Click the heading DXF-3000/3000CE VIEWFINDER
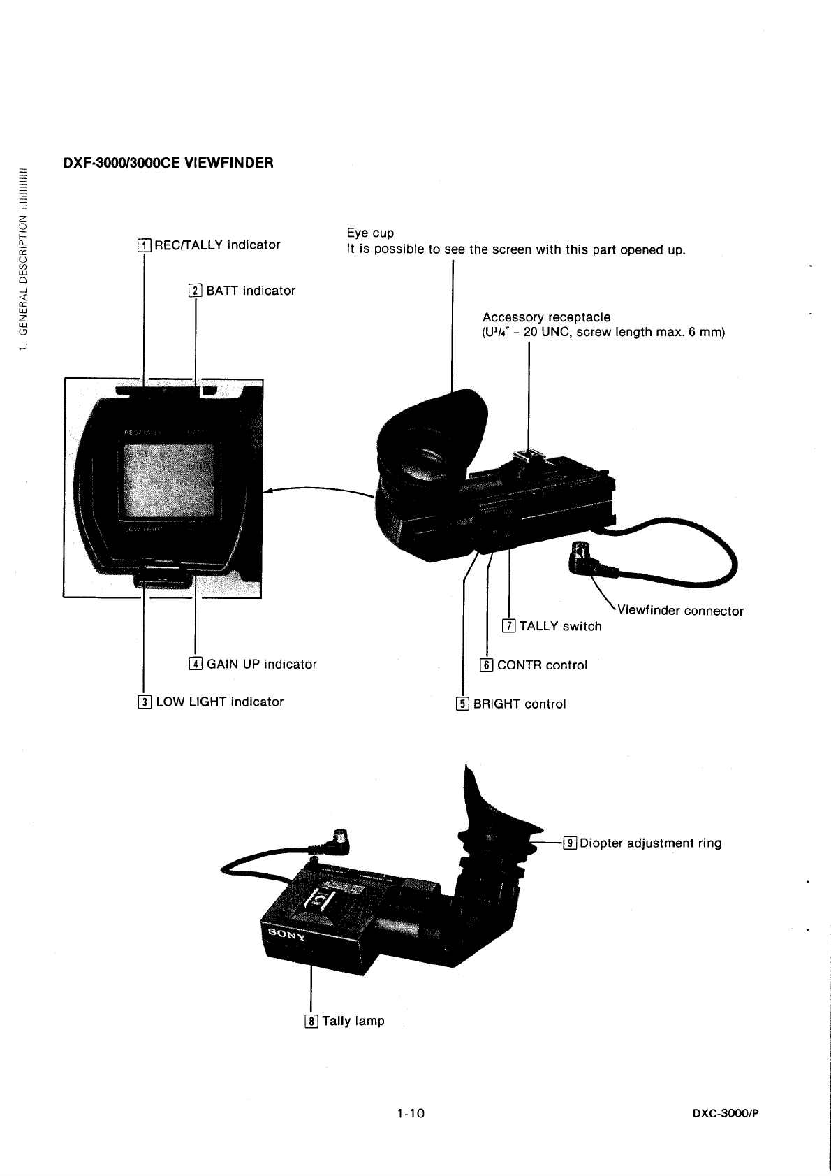[x=168, y=163]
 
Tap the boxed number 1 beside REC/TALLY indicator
[x=144, y=245]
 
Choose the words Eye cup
[x=370, y=233]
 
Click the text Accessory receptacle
[x=546, y=317]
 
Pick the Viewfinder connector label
[x=680, y=611]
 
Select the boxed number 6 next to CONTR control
[x=486, y=665]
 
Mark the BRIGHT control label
[x=519, y=704]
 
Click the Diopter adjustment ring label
[x=650, y=843]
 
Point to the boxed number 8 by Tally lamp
[x=311, y=1022]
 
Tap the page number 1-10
[x=410, y=1112]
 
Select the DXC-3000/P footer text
[x=725, y=1113]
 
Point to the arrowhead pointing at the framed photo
[x=268, y=491]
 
